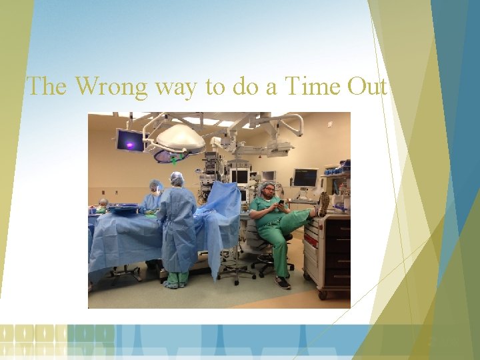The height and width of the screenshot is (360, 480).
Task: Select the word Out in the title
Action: pyautogui.click(x=366, y=86)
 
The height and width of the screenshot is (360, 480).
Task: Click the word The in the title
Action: pyautogui.click(x=47, y=86)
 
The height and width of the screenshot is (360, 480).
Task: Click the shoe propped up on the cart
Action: pyautogui.click(x=323, y=204)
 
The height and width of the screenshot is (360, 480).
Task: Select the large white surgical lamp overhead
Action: pyautogui.click(x=179, y=137)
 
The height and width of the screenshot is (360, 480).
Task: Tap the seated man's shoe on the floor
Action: pyautogui.click(x=283, y=282)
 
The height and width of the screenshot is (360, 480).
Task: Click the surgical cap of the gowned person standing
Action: pyautogui.click(x=177, y=178)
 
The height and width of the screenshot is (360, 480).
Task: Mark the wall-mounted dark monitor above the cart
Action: pyautogui.click(x=305, y=177)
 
